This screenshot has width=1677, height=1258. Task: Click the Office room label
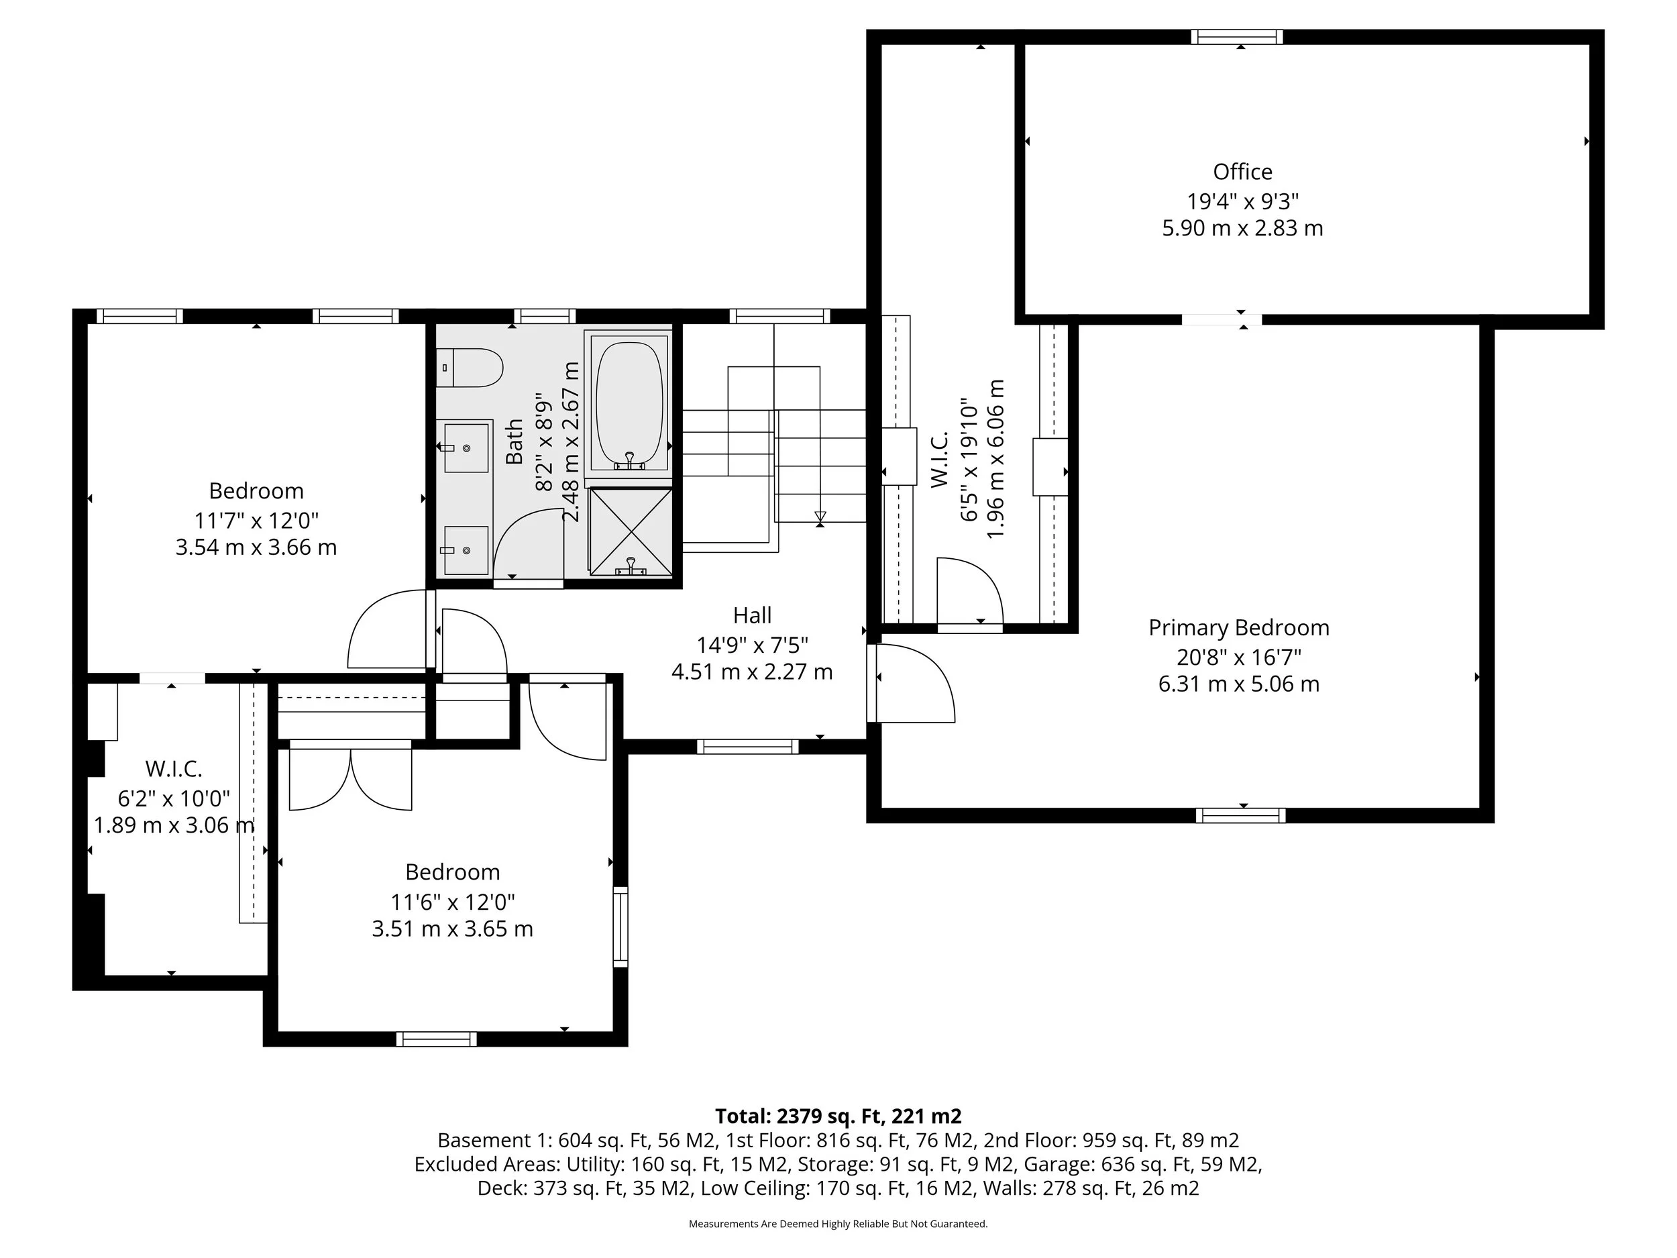click(1242, 172)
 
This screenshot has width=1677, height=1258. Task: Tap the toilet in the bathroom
click(470, 368)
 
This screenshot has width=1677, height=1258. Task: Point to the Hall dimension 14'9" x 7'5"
click(752, 645)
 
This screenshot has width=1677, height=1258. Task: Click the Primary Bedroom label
click(1238, 628)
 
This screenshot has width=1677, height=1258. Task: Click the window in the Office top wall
click(1236, 36)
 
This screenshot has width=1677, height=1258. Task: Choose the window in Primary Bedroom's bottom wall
click(1240, 816)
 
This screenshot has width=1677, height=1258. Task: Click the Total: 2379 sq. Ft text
click(838, 1116)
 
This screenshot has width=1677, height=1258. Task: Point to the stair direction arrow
click(820, 517)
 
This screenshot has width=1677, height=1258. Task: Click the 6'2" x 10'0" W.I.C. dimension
click(174, 798)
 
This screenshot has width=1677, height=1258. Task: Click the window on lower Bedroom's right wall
click(620, 927)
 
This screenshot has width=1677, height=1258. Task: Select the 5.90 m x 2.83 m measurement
click(1242, 228)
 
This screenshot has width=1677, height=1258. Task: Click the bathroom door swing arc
click(527, 542)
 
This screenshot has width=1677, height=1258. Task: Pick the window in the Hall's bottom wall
click(747, 747)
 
